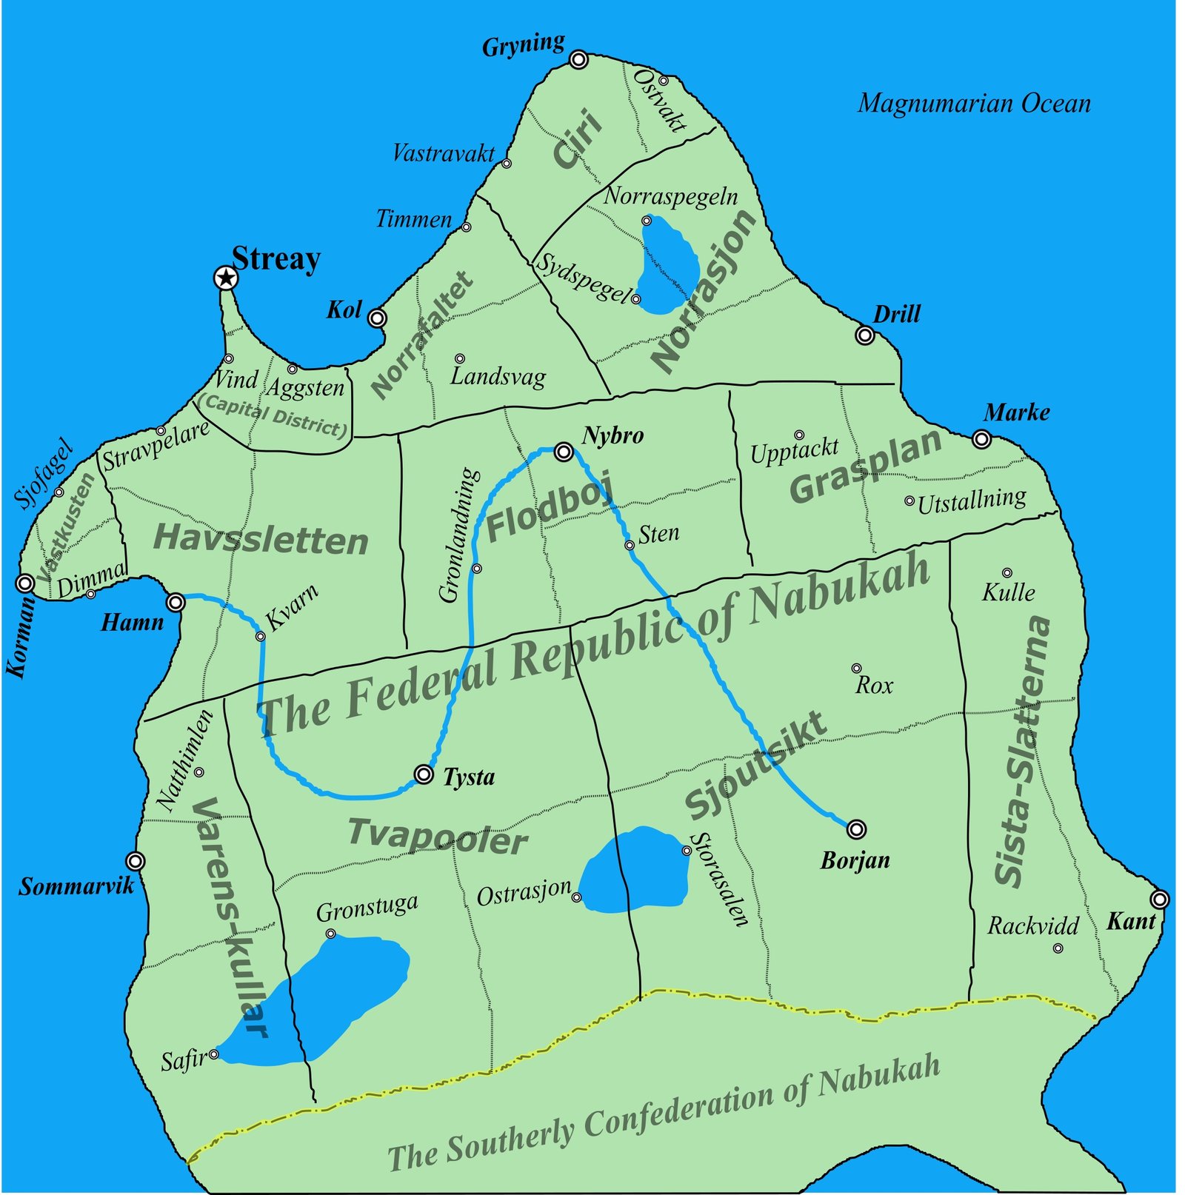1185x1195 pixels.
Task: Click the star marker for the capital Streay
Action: (225, 279)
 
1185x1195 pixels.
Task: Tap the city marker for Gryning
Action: (578, 59)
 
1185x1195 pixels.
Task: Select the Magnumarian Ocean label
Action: (973, 104)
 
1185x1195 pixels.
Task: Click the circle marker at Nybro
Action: (564, 452)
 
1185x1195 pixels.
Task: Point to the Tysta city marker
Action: (424, 774)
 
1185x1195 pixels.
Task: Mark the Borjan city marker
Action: (856, 829)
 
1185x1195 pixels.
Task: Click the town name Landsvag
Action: (498, 376)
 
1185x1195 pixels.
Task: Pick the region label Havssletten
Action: (261, 539)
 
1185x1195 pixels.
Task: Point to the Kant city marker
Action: (1160, 900)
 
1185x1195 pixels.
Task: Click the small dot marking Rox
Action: (856, 669)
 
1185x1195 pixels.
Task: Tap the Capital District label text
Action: (273, 415)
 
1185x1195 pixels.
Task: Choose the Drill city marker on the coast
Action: (864, 335)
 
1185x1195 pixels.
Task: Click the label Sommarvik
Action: (76, 886)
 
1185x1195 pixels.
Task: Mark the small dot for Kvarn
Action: (260, 636)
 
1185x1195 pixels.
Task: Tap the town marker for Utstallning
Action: (909, 501)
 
